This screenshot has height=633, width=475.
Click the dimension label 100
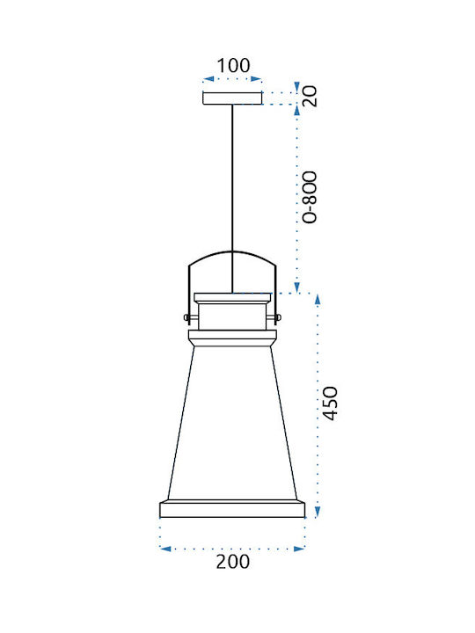pyautogui.click(x=233, y=65)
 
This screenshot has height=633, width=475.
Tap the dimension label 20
pyautogui.click(x=311, y=96)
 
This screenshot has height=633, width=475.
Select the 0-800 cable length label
pyautogui.click(x=311, y=198)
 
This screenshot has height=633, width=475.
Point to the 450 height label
pyautogui.click(x=330, y=404)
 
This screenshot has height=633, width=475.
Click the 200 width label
pyautogui.click(x=233, y=562)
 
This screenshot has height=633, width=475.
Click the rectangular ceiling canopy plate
pyautogui.click(x=232, y=98)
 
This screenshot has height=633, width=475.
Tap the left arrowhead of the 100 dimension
pyautogui.click(x=208, y=79)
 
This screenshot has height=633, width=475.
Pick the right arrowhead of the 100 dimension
pyautogui.click(x=257, y=79)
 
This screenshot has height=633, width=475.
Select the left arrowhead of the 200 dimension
pyautogui.click(x=165, y=549)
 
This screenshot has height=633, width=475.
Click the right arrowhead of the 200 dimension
pyautogui.click(x=299, y=549)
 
